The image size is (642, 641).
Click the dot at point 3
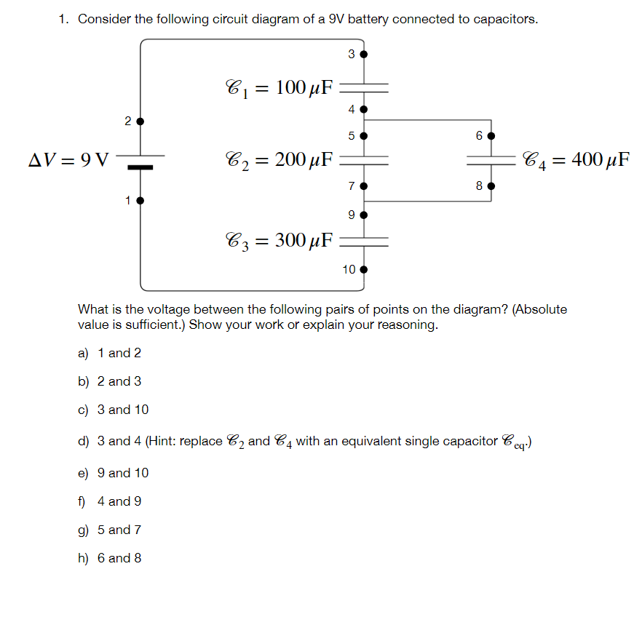click(x=364, y=54)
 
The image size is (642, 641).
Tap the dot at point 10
click(x=364, y=269)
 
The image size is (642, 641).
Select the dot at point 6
click(x=491, y=136)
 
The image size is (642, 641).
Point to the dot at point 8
click(x=491, y=186)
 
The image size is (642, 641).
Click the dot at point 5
click(x=364, y=135)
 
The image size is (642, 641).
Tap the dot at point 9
click(x=364, y=215)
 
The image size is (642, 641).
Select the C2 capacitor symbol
click(x=364, y=159)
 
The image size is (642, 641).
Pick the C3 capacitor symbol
click(x=364, y=239)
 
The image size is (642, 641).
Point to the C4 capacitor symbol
click(x=491, y=159)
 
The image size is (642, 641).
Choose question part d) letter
click(x=83, y=442)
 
